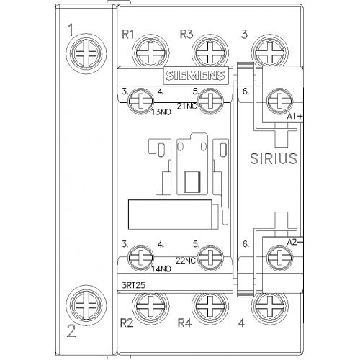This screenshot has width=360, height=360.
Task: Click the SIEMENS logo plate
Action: coord(196,75)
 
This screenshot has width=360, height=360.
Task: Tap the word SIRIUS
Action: coord(274,158)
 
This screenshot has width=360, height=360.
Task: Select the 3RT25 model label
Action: coord(133,285)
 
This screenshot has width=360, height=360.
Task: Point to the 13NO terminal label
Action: coord(161,112)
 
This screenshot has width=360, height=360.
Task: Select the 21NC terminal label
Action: coord(186,106)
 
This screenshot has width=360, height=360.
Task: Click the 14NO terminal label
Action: coord(161,269)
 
